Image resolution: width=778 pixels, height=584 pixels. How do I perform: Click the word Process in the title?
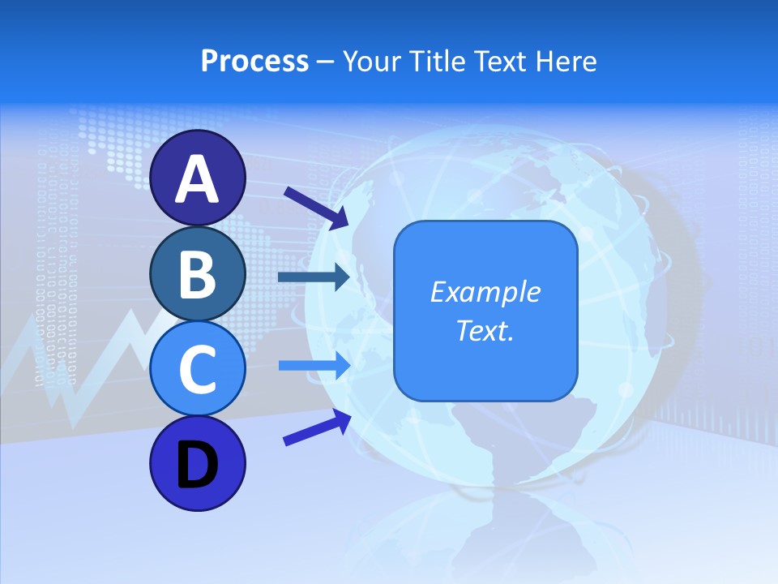point(254,62)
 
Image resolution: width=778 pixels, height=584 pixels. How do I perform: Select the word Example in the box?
point(485,292)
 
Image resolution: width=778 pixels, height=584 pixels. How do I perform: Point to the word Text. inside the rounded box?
point(485,330)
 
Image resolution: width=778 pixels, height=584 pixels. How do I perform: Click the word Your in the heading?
point(369,62)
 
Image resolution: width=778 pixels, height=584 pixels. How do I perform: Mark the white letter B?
point(197,274)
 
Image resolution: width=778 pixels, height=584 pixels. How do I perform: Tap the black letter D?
point(197,465)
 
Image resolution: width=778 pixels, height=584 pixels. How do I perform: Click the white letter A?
point(197,178)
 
